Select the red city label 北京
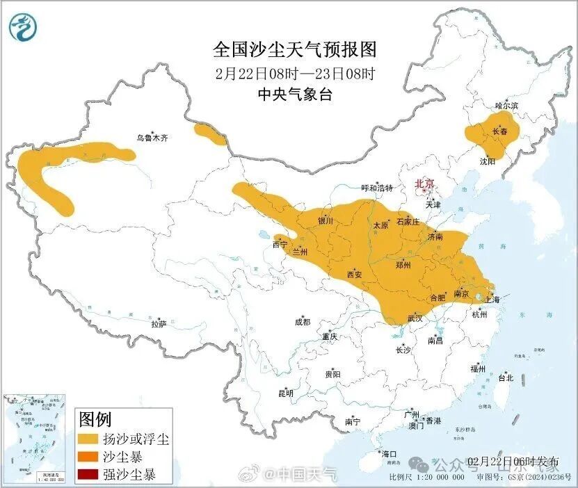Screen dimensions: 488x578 (x=424, y=184)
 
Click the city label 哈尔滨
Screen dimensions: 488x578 (x=506, y=106)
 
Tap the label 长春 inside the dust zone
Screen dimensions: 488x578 (x=499, y=131)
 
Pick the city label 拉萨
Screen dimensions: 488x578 (x=159, y=323)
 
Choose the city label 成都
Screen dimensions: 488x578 (x=303, y=322)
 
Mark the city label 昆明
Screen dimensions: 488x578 (x=286, y=393)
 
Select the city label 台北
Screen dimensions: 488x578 (x=505, y=378)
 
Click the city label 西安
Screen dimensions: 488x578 (x=355, y=275)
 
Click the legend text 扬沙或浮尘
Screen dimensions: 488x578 (x=136, y=439)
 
